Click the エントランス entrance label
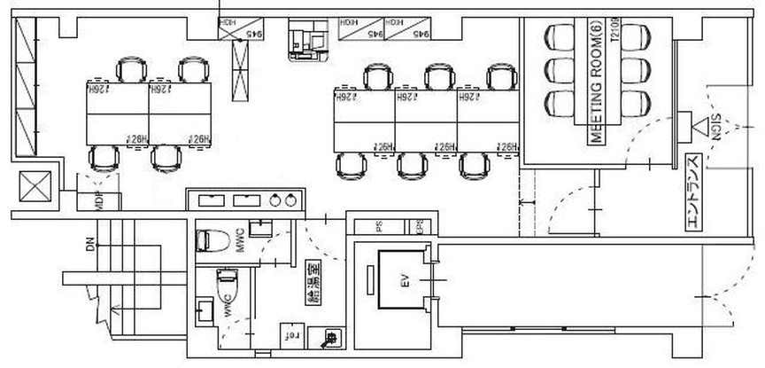695,193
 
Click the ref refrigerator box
290,336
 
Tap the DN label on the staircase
89,245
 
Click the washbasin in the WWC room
205,311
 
